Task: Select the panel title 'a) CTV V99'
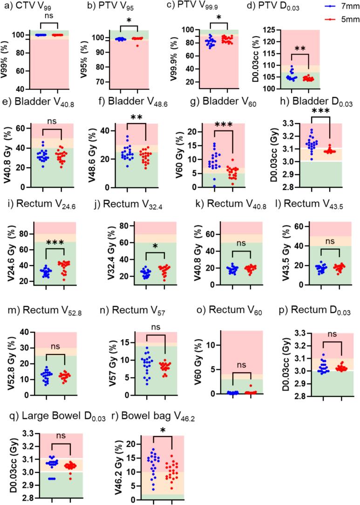click(31, 7)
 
